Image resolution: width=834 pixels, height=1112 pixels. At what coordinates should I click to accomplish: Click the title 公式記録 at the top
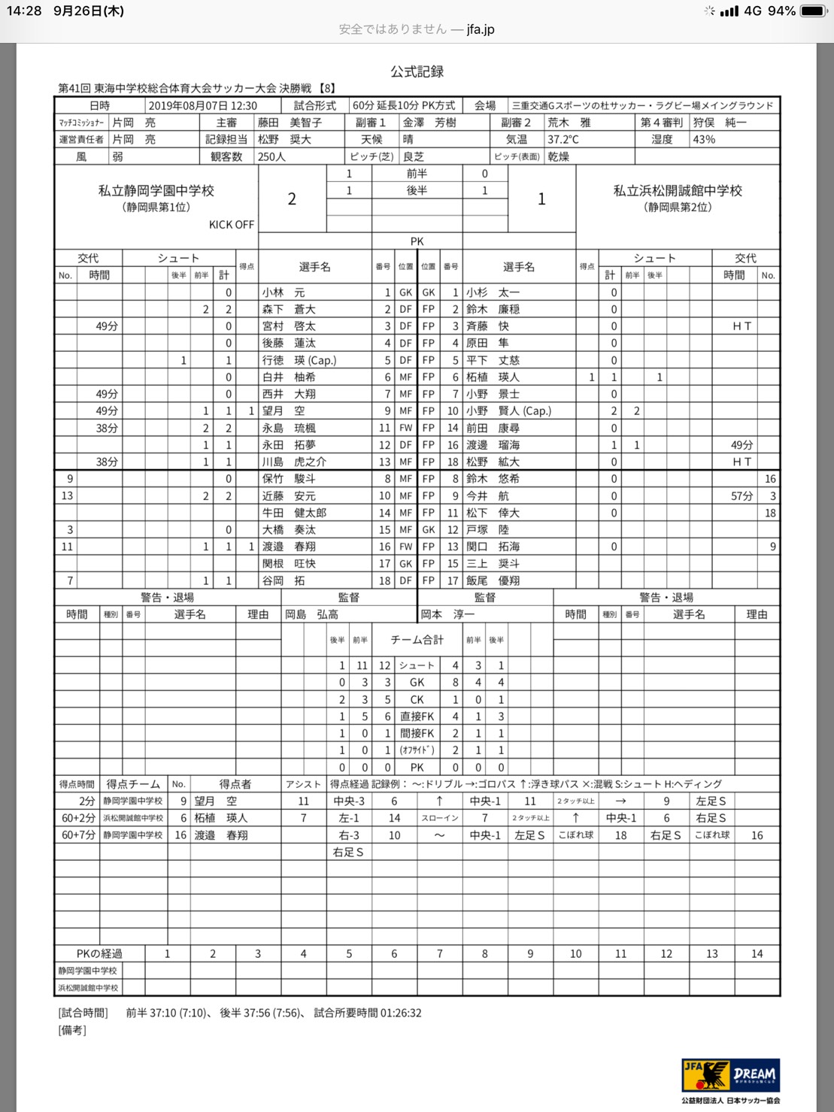[417, 71]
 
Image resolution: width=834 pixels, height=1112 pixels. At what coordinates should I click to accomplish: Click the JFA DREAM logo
[730, 1075]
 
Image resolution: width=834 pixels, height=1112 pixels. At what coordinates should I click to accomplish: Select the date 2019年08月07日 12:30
[202, 106]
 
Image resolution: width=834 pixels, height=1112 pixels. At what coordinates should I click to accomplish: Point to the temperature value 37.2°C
[563, 139]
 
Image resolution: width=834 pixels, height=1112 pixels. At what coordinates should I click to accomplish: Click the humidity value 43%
[704, 139]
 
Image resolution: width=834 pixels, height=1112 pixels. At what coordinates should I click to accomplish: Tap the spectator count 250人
[271, 156]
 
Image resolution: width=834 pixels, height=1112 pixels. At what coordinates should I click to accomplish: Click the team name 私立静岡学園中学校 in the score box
[156, 191]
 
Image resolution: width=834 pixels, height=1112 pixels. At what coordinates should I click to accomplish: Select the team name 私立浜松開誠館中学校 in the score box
[678, 191]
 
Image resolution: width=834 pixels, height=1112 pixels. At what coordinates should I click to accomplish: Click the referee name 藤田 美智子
[290, 123]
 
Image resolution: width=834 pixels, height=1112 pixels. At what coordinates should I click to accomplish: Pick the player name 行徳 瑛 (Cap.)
[299, 360]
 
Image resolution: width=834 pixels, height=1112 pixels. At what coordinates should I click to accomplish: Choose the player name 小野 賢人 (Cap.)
[508, 411]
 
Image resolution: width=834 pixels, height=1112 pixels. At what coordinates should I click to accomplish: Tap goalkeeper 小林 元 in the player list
[284, 292]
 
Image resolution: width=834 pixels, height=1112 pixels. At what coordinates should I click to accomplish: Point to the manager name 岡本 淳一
[447, 614]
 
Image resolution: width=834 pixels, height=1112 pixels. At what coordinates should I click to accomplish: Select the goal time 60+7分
[78, 835]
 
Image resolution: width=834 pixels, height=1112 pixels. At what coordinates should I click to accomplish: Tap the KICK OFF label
[232, 225]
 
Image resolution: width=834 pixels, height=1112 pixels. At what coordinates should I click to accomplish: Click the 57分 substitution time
[742, 496]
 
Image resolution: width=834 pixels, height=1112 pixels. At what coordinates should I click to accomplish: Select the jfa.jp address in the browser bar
[481, 29]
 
